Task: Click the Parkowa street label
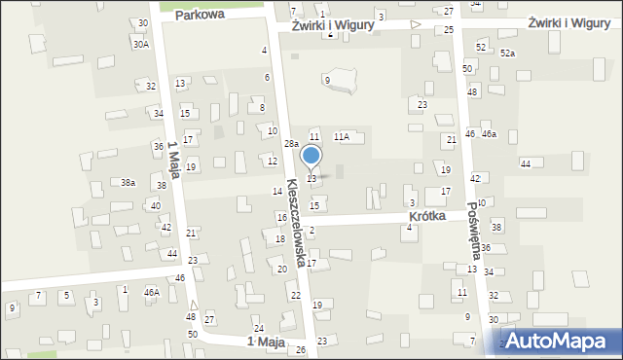coord(201,15)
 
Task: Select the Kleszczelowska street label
coord(298,219)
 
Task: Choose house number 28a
coord(291,143)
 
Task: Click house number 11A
coord(342,137)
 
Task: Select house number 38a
coord(128,182)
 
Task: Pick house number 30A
coord(141,44)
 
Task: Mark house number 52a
coord(507,54)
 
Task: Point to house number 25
coord(449,30)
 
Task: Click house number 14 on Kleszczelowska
coord(277,191)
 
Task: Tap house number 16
coord(281,217)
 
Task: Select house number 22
coord(295,295)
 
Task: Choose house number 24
coord(259,328)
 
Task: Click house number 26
coord(301,349)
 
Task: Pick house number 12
coord(273,161)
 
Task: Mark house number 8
coord(262,107)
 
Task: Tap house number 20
coord(282,269)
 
